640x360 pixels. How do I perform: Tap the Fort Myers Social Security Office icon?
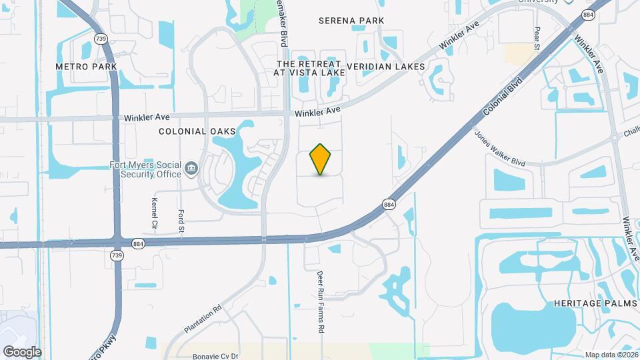tap(192, 167)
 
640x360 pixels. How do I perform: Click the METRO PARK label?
tap(82, 67)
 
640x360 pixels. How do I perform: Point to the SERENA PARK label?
tap(351, 21)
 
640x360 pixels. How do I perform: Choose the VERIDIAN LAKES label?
tap(386, 67)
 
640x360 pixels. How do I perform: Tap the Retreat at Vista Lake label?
tap(311, 67)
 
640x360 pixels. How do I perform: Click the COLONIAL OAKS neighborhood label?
tap(197, 132)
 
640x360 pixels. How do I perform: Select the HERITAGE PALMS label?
tap(595, 303)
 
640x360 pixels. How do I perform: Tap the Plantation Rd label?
tap(203, 320)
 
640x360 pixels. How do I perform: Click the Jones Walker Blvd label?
tap(500, 148)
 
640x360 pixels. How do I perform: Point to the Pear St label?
tap(537, 39)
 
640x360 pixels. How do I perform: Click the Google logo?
tap(22, 352)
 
